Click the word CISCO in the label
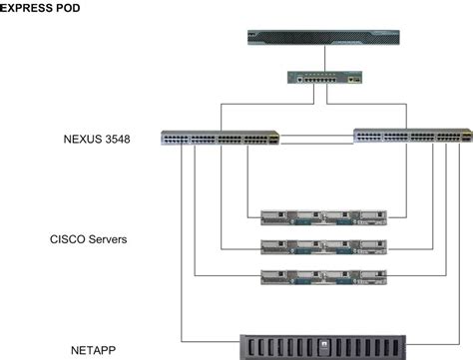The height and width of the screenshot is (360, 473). coord(68,239)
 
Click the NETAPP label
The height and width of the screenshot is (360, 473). coord(96,351)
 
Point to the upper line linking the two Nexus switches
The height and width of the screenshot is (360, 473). coord(316,132)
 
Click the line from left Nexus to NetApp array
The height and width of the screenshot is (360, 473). coord(182,249)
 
